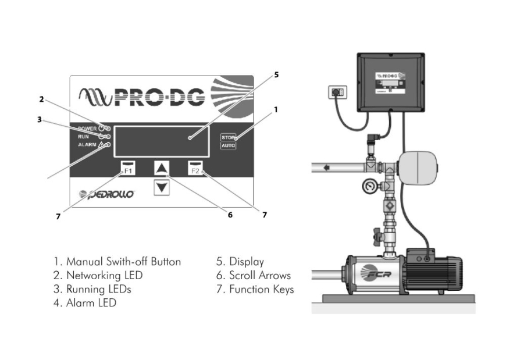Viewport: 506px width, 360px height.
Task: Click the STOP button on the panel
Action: pos(227,137)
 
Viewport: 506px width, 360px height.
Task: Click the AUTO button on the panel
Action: pos(227,145)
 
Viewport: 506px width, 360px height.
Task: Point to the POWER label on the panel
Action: pos(87,127)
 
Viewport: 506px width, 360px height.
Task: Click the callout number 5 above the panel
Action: pos(276,74)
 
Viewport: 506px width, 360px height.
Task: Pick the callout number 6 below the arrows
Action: pos(230,215)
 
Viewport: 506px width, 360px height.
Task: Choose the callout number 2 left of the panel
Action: pos(42,98)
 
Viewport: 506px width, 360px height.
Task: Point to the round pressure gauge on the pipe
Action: pos(367,187)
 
